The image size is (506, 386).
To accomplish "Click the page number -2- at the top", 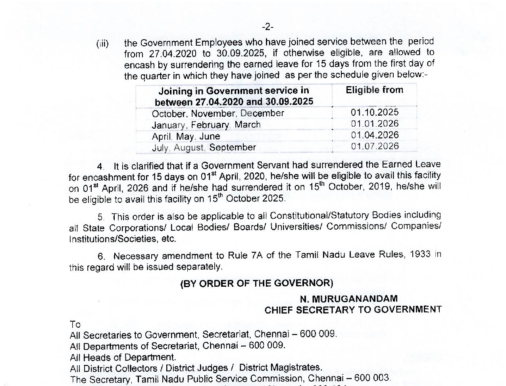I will click(267, 27).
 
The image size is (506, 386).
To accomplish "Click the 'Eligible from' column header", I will click(374, 90).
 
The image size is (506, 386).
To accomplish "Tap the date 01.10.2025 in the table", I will click(375, 112).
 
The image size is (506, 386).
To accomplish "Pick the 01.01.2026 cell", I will click(375, 124).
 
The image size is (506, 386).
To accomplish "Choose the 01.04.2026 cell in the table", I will click(375, 135).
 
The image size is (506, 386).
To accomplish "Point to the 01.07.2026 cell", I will click(375, 146).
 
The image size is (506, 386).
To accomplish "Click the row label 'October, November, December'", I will click(218, 114).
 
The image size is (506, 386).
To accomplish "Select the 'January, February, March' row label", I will click(206, 125).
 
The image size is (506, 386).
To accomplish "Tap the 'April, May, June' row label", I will click(186, 137).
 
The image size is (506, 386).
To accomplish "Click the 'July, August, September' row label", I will click(204, 148).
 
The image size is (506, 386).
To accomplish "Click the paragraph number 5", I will click(101, 217).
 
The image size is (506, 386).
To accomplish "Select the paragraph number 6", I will click(101, 257).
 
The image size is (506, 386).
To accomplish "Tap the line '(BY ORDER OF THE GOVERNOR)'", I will click(257, 284).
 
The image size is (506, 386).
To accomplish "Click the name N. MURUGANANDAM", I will click(348, 299).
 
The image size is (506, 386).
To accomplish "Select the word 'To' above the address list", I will click(75, 324).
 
